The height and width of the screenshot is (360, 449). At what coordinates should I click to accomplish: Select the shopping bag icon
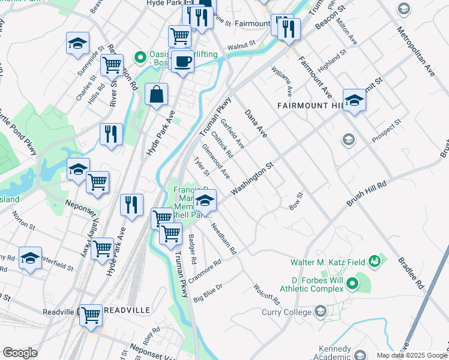(156, 94)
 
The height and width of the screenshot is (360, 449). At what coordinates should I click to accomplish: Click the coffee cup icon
(182, 60)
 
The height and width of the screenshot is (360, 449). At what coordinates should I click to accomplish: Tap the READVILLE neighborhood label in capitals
(127, 310)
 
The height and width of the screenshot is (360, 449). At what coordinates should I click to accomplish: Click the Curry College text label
(285, 311)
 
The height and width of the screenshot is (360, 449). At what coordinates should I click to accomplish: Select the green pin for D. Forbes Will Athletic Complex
(352, 282)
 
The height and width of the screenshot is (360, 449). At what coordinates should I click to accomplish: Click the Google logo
(19, 353)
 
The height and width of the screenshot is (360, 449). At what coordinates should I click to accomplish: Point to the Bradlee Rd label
(411, 273)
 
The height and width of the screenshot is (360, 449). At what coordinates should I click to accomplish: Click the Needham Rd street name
(224, 238)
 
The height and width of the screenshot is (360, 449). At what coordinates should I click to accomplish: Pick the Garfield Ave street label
(232, 133)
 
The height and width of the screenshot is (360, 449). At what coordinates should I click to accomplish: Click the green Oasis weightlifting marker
(141, 58)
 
